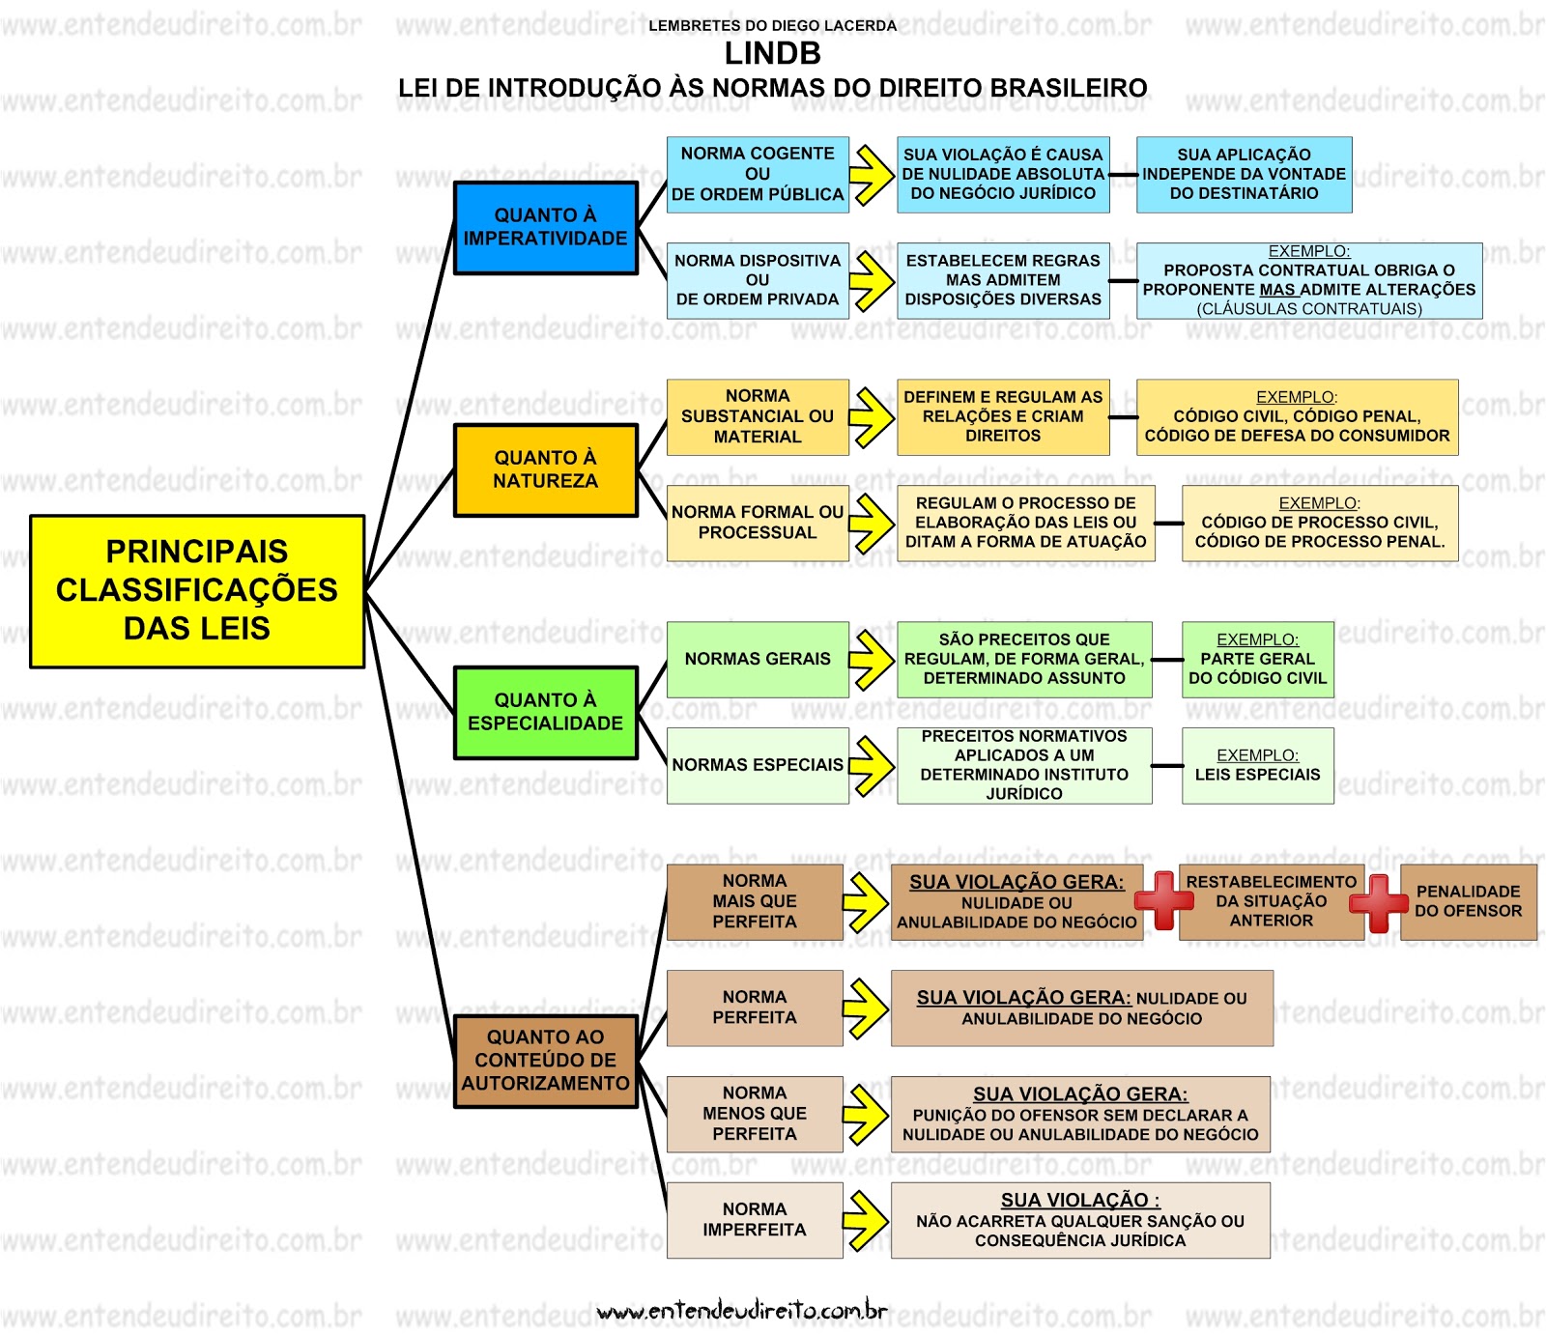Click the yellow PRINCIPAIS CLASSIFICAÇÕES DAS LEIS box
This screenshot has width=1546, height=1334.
pyautogui.click(x=197, y=591)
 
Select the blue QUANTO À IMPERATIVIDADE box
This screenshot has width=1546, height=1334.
pyautogui.click(x=546, y=228)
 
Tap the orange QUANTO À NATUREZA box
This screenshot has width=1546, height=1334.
pyautogui.click(x=546, y=470)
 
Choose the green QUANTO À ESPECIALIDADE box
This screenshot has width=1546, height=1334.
pyautogui.click(x=546, y=713)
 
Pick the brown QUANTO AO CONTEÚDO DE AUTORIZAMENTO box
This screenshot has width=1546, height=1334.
pyautogui.click(x=546, y=1061)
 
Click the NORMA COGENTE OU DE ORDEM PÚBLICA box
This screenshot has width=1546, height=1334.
pyautogui.click(x=758, y=175)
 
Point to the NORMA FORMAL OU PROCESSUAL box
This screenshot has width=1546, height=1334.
pyautogui.click(x=758, y=523)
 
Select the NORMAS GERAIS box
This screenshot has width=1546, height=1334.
pyautogui.click(x=758, y=660)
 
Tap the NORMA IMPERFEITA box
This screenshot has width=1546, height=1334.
pyautogui.click(x=755, y=1220)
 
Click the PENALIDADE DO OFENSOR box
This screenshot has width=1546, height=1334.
pyautogui.click(x=1468, y=902)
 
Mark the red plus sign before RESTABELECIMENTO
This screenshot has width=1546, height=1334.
pyautogui.click(x=1163, y=900)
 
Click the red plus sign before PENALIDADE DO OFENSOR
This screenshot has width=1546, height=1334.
pyautogui.click(x=1379, y=903)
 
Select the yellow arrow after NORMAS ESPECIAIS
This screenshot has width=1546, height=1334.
pyautogui.click(x=872, y=766)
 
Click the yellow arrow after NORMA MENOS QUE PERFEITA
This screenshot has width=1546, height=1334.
pyautogui.click(x=866, y=1115)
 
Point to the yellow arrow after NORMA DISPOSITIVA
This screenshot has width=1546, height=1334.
pyautogui.click(x=872, y=281)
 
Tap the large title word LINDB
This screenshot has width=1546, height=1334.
pyautogui.click(x=773, y=53)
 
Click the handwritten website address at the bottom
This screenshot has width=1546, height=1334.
pyautogui.click(x=742, y=1310)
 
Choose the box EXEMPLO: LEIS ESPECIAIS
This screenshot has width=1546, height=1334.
pyautogui.click(x=1257, y=766)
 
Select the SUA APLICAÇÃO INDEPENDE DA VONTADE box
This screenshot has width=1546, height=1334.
pyautogui.click(x=1244, y=175)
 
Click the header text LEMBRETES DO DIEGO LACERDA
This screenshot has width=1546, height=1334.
pyautogui.click(x=773, y=26)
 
